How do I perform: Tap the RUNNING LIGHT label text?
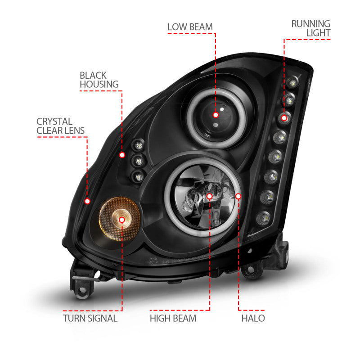[310, 28]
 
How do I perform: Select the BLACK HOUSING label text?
[99, 80]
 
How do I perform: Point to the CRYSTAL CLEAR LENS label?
[60, 126]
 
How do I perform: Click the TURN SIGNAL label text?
[90, 318]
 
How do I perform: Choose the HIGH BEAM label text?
[173, 318]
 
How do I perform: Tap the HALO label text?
[252, 318]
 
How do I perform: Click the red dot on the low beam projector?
[216, 115]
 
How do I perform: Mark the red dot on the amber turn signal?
[121, 219]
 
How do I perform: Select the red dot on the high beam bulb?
[209, 196]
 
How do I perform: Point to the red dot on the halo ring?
[238, 196]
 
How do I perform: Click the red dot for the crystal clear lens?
[87, 201]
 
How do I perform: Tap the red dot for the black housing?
[122, 155]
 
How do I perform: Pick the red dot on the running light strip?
[284, 118]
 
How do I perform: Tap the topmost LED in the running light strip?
[294, 82]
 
